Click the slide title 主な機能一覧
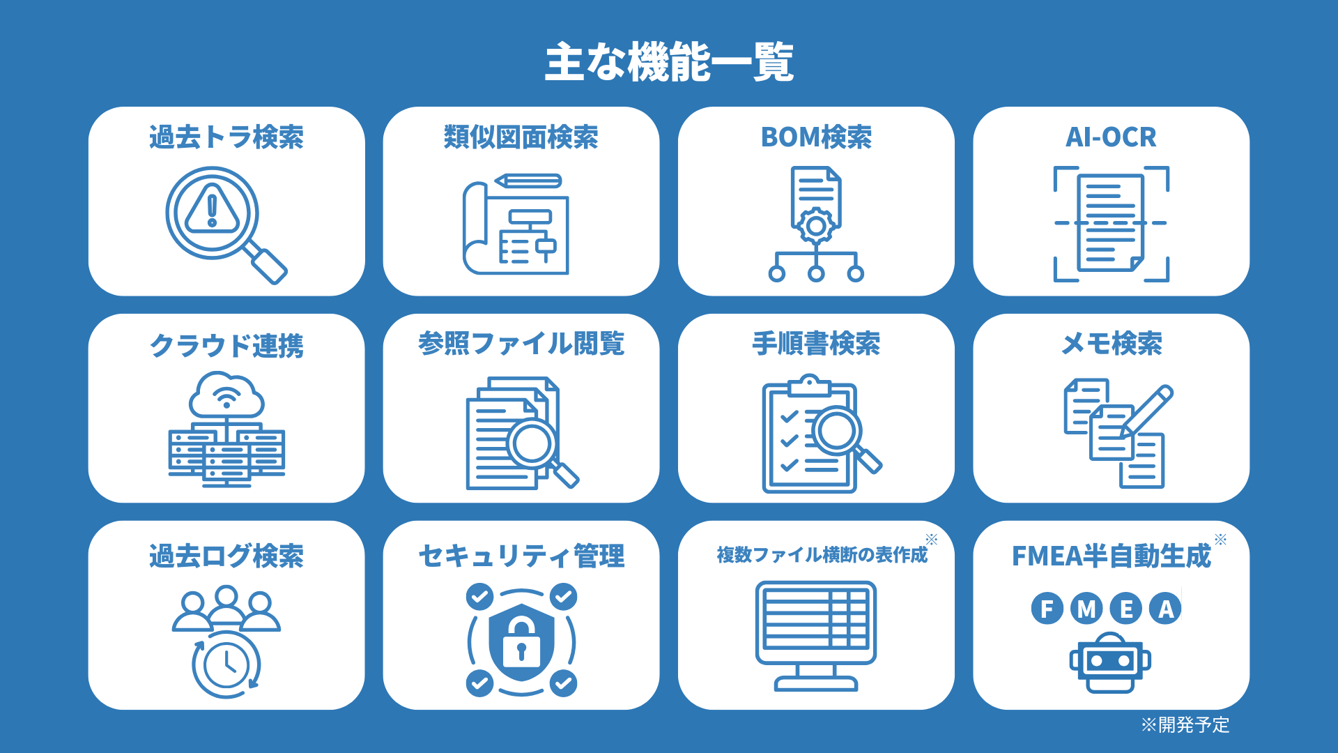pyautogui.click(x=669, y=62)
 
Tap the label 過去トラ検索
pyautogui.click(x=226, y=137)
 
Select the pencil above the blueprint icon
pyautogui.click(x=528, y=181)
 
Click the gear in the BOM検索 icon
pyautogui.click(x=816, y=226)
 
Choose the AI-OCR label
pyautogui.click(x=1111, y=137)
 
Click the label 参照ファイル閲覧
pyautogui.click(x=521, y=344)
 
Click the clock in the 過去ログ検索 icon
pyautogui.click(x=226, y=664)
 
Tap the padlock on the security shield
pyautogui.click(x=521, y=643)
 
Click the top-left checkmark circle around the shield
pyautogui.click(x=479, y=597)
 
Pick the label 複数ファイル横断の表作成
pyautogui.click(x=822, y=555)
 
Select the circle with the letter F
pyautogui.click(x=1047, y=608)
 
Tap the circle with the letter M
pyautogui.click(x=1086, y=608)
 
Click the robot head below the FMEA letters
pyautogui.click(x=1111, y=662)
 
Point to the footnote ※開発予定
pyautogui.click(x=1185, y=725)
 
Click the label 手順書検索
pyautogui.click(x=816, y=344)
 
